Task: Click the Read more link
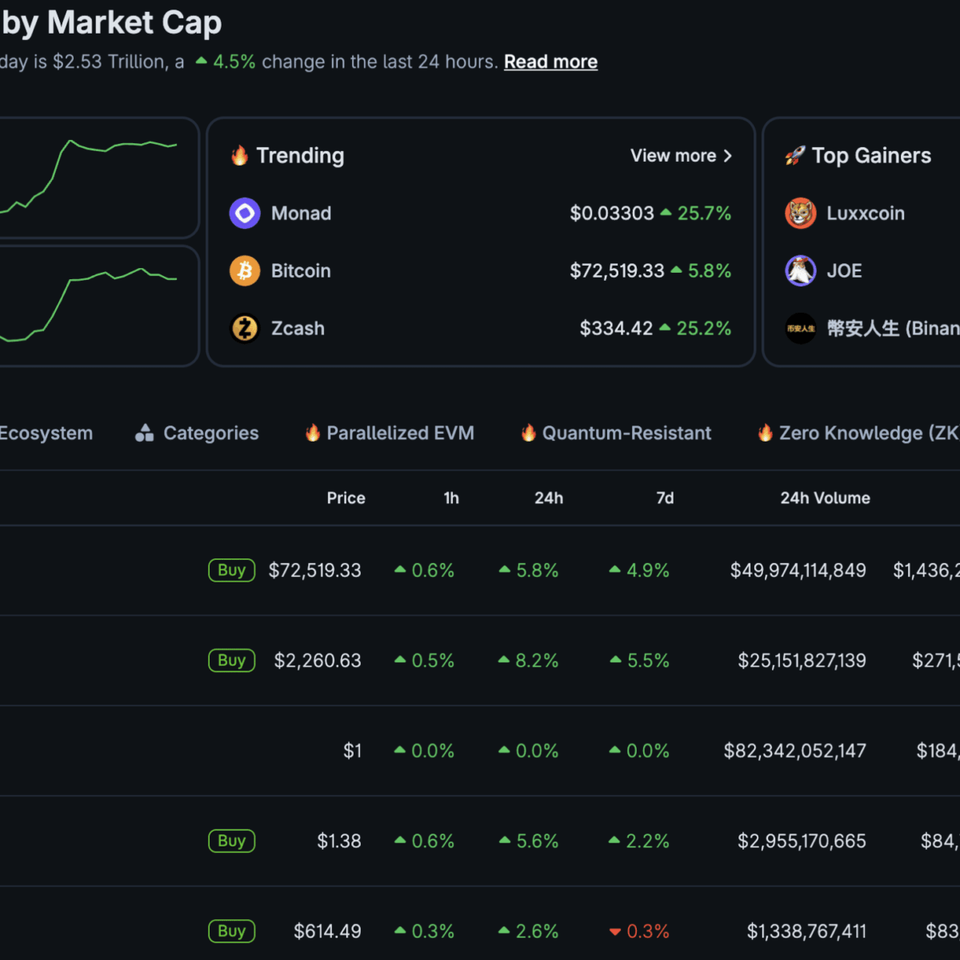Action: tap(550, 62)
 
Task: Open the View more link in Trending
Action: tap(681, 156)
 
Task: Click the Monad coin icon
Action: tap(245, 214)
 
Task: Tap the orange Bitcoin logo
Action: tap(245, 271)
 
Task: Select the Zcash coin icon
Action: tap(245, 328)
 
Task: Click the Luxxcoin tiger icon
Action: tap(800, 214)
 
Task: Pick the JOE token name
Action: tap(844, 271)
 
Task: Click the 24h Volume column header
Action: tap(825, 498)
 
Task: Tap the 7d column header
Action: tap(665, 498)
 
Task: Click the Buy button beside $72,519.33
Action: tap(231, 570)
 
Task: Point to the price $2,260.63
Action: tap(318, 661)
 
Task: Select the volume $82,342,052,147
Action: tap(794, 751)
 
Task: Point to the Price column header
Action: tap(346, 498)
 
